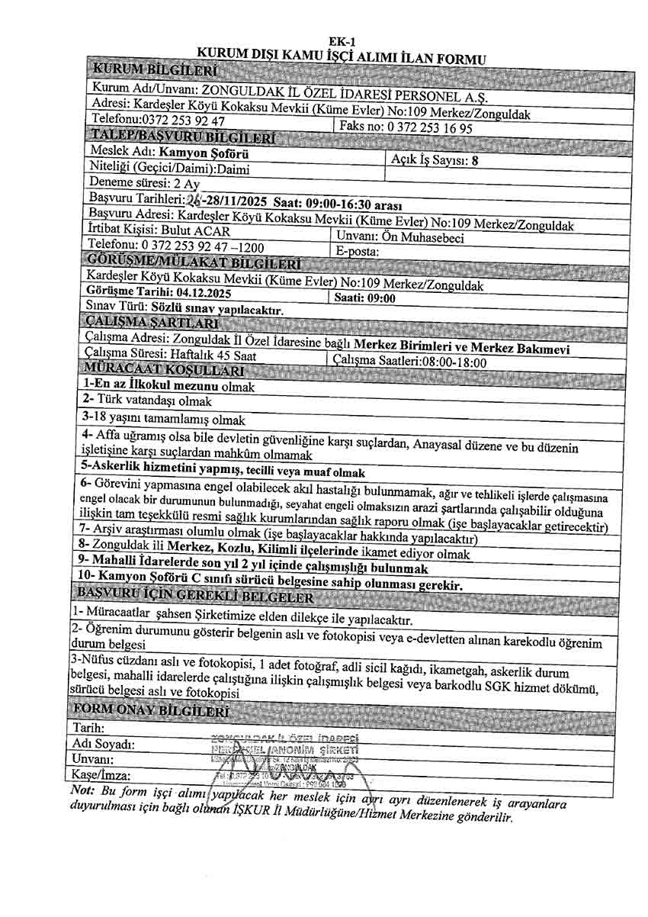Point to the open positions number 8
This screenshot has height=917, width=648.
(x=475, y=160)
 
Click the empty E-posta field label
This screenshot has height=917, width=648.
(x=358, y=252)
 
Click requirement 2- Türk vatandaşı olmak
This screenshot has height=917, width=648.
(x=147, y=401)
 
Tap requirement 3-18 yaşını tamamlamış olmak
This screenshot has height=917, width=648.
(x=165, y=419)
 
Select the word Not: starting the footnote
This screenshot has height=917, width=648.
(x=82, y=790)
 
